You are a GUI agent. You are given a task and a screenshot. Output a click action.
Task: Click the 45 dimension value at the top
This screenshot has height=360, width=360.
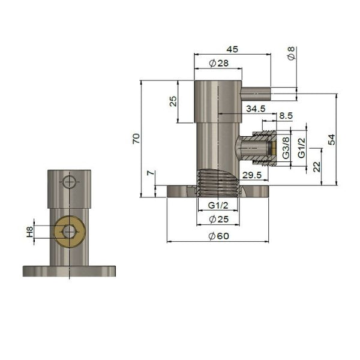click(232, 49)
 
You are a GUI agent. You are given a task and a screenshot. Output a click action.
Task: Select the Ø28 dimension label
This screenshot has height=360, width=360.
click(219, 63)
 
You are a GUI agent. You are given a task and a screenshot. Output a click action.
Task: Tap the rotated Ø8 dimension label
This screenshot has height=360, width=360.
click(291, 53)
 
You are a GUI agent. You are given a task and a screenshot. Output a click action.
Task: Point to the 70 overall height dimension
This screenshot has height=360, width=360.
click(136, 139)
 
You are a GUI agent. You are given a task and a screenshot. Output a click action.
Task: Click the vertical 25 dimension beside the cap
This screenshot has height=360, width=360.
click(173, 101)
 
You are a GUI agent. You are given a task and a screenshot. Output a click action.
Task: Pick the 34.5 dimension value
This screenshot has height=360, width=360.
click(256, 109)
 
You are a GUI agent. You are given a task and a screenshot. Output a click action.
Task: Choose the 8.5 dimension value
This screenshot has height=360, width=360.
click(286, 116)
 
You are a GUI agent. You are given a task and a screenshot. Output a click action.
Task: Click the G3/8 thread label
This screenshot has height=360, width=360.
click(286, 148)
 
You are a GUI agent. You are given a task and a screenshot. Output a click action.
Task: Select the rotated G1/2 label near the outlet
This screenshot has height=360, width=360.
click(301, 148)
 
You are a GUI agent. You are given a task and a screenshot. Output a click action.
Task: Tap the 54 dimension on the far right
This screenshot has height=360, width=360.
click(332, 140)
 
